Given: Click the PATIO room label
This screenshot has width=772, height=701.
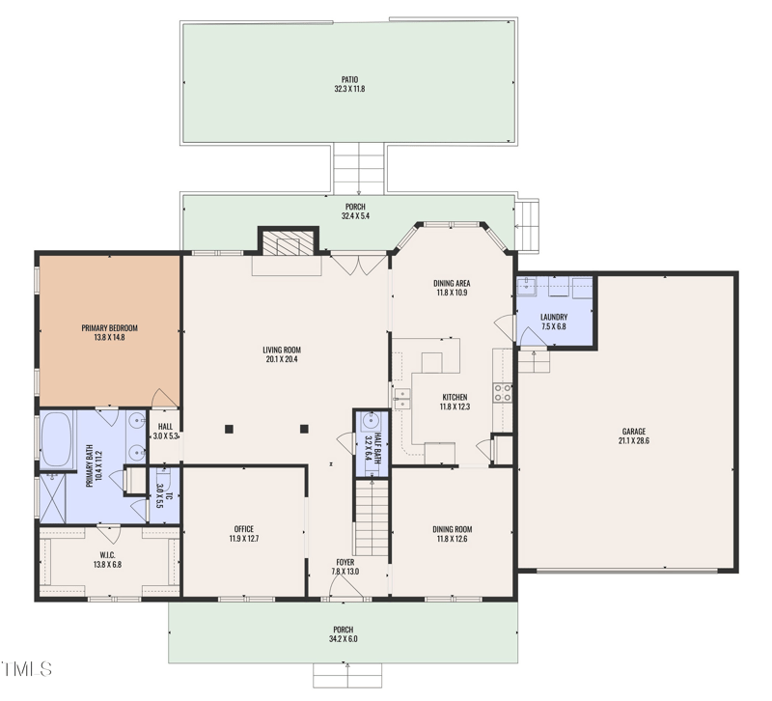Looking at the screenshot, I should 348,79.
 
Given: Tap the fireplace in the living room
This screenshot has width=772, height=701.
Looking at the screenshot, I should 287,243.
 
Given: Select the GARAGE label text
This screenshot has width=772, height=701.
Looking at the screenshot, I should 633,432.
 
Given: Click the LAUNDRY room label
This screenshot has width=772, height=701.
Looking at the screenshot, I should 553,317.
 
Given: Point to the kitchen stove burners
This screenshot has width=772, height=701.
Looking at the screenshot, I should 503,391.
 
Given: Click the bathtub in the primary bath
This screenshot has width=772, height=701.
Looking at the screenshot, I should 57,439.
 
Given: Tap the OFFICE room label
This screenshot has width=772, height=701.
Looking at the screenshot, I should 243,529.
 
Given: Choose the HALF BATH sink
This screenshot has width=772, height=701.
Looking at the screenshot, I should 369,422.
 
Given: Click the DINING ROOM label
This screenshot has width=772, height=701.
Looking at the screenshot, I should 452,529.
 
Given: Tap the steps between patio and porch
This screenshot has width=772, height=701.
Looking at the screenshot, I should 359,168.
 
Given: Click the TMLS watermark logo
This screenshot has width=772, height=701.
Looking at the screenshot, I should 27,668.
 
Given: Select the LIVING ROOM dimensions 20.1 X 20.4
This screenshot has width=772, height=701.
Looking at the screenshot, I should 282,359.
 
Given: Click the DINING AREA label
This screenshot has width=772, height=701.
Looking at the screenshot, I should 451,283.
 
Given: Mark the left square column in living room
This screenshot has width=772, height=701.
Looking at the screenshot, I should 230,428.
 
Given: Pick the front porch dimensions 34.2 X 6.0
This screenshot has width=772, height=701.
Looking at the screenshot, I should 345,639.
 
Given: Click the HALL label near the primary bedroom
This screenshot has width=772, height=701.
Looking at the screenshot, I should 165,426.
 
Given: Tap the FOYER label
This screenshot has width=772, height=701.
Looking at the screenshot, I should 345,562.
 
